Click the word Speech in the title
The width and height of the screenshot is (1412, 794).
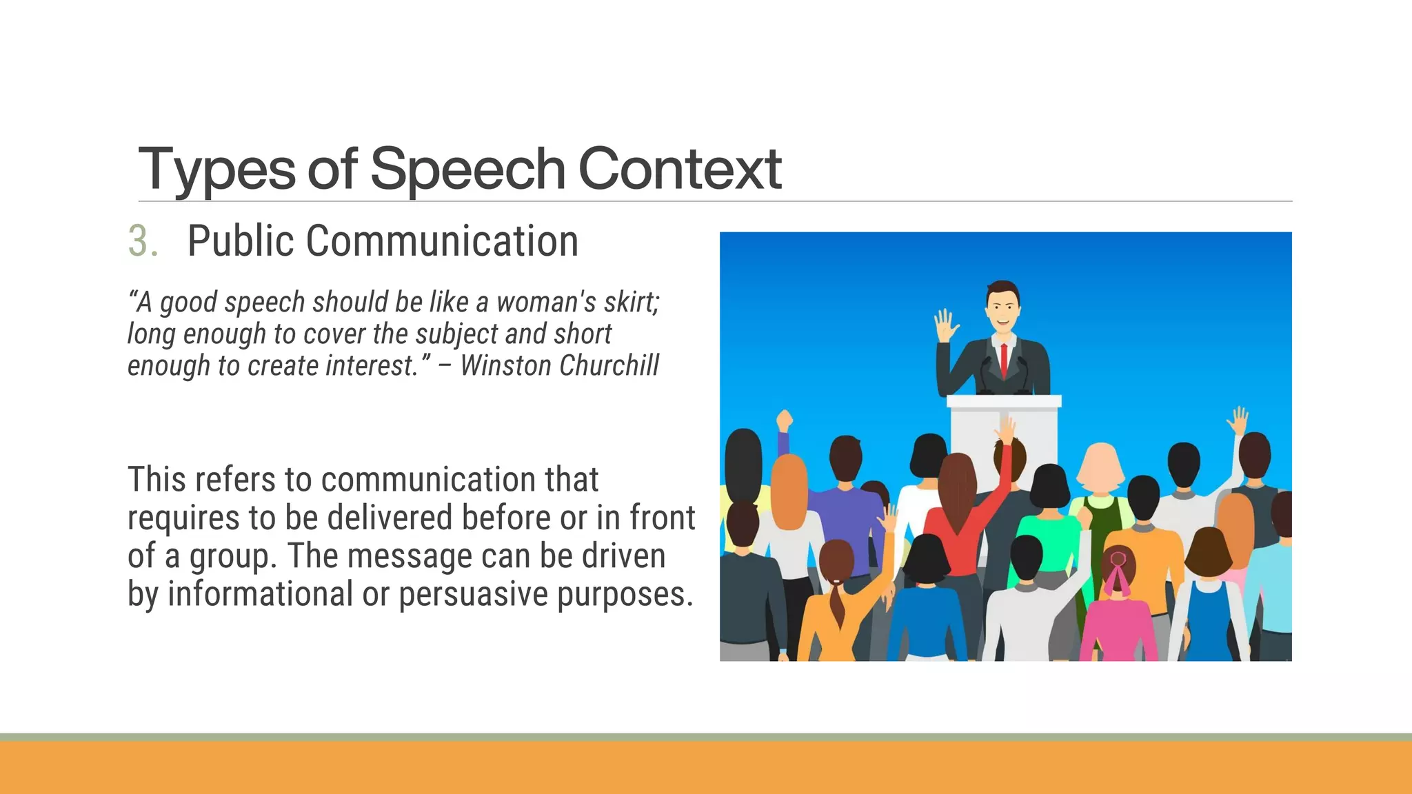tap(467, 170)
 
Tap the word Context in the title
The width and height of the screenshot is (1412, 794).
tap(679, 170)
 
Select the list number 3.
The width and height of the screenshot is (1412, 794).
tap(143, 242)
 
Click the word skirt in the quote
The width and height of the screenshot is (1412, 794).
tap(631, 303)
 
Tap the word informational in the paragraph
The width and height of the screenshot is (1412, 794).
tap(260, 594)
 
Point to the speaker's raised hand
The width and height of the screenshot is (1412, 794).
tap(946, 325)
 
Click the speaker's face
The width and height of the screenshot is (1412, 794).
tap(1002, 309)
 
